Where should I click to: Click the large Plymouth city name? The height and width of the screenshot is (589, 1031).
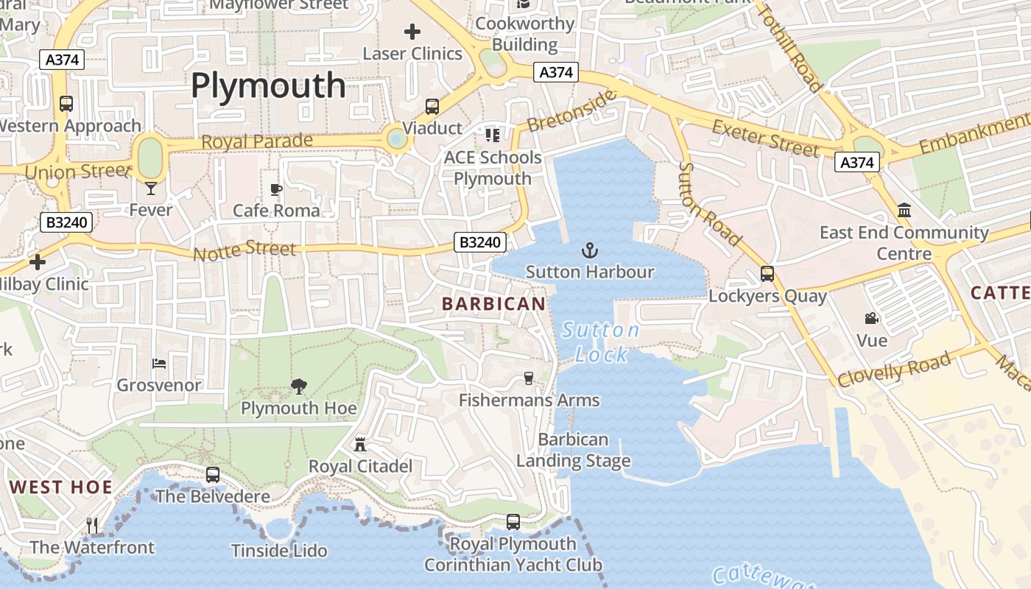[268, 86]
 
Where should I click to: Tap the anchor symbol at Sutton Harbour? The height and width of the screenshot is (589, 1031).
[590, 251]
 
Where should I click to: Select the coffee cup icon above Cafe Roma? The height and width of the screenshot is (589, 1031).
[276, 190]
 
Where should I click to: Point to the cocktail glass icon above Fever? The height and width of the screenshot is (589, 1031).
[151, 188]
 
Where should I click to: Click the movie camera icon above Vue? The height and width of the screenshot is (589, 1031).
[872, 319]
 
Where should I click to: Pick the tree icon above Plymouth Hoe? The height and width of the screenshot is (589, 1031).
[298, 385]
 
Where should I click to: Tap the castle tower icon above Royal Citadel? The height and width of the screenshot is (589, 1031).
[360, 444]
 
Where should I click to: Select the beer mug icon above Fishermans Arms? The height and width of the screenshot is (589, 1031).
[528, 378]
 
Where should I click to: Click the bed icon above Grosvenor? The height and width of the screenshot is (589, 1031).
[159, 363]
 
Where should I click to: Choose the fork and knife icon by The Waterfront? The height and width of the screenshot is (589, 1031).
[92, 525]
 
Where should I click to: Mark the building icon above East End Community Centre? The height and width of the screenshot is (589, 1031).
[904, 211]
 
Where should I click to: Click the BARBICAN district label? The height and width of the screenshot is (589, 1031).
[494, 303]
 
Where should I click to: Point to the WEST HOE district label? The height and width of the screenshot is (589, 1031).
[61, 487]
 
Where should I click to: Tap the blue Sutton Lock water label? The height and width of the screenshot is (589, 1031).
[601, 342]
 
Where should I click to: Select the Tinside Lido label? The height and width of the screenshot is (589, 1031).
[279, 551]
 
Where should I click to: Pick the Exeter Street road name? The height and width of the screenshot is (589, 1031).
[765, 137]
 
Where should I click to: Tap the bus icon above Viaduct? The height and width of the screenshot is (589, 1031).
[432, 107]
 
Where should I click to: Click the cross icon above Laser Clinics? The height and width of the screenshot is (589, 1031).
[412, 32]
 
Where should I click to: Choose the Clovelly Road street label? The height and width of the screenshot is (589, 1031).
[894, 369]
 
